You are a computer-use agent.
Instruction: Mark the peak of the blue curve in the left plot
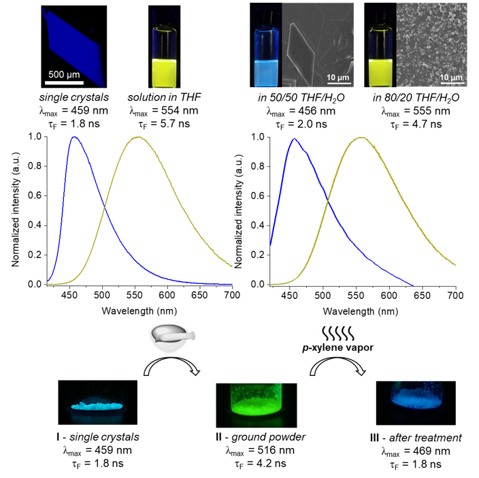click(x=73, y=137)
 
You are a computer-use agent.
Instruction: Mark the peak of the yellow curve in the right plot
click(x=378, y=137)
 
